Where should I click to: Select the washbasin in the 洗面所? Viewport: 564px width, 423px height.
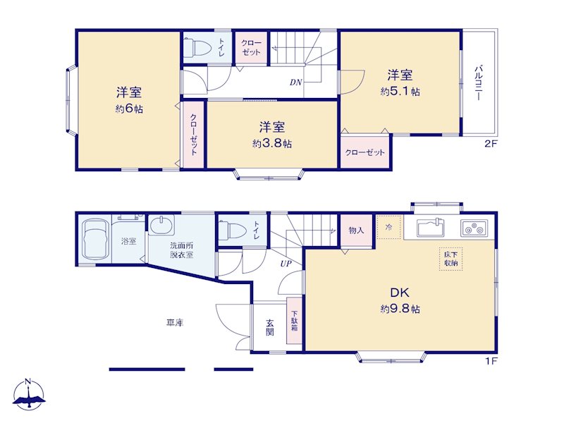pyautogui.click(x=161, y=225)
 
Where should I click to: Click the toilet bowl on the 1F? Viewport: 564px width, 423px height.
pyautogui.click(x=231, y=230)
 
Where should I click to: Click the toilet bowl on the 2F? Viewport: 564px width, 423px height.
pyautogui.click(x=197, y=47)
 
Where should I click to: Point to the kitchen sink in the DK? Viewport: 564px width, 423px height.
pyautogui.click(x=431, y=227)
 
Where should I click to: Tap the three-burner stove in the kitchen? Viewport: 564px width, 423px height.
pyautogui.click(x=473, y=228)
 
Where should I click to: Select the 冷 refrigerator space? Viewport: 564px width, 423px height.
pyautogui.click(x=389, y=227)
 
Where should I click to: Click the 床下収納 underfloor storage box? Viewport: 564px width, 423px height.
pyautogui.click(x=450, y=259)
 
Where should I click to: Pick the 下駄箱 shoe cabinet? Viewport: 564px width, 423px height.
pyautogui.click(x=294, y=321)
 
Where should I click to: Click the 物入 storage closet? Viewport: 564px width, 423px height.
pyautogui.click(x=356, y=231)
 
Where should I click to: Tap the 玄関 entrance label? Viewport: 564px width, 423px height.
pyautogui.click(x=270, y=327)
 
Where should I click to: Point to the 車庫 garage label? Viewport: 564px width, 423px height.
pyautogui.click(x=175, y=323)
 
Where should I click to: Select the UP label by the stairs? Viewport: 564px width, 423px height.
pyautogui.click(x=286, y=264)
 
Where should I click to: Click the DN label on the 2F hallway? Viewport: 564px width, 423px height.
pyautogui.click(x=295, y=82)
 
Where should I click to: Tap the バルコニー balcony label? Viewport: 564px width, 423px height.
pyautogui.click(x=479, y=82)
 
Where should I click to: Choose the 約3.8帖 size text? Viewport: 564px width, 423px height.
pyautogui.click(x=272, y=144)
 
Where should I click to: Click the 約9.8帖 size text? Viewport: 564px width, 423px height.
pyautogui.click(x=400, y=309)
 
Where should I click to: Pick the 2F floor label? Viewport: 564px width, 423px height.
pyautogui.click(x=491, y=144)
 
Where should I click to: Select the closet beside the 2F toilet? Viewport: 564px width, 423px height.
pyautogui.click(x=251, y=48)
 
